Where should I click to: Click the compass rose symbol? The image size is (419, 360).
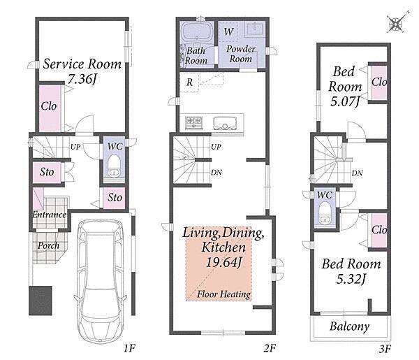tap(397, 24)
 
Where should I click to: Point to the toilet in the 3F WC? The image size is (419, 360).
tap(325, 213)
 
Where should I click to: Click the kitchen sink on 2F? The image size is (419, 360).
tap(225, 123)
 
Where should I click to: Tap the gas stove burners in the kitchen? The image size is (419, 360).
tap(194, 123)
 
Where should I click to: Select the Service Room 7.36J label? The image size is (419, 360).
tap(82, 71)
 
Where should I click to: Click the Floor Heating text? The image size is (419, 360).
tap(223, 294)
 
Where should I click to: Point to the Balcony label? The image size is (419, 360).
tap(350, 326)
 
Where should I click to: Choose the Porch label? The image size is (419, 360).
tap(48, 245)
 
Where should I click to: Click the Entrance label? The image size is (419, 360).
tap(49, 215)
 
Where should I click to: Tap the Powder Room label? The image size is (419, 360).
tap(241, 54)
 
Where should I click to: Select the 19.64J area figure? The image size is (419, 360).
tap(224, 262)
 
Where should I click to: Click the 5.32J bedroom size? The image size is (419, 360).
tap(351, 279)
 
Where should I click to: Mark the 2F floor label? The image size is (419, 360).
tap(270, 348)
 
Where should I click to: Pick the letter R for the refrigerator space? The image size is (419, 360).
tap(189, 82)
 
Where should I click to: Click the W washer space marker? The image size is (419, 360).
tap(228, 32)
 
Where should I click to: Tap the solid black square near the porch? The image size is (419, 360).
tap(41, 301)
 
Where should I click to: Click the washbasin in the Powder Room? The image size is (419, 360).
tap(256, 29)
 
